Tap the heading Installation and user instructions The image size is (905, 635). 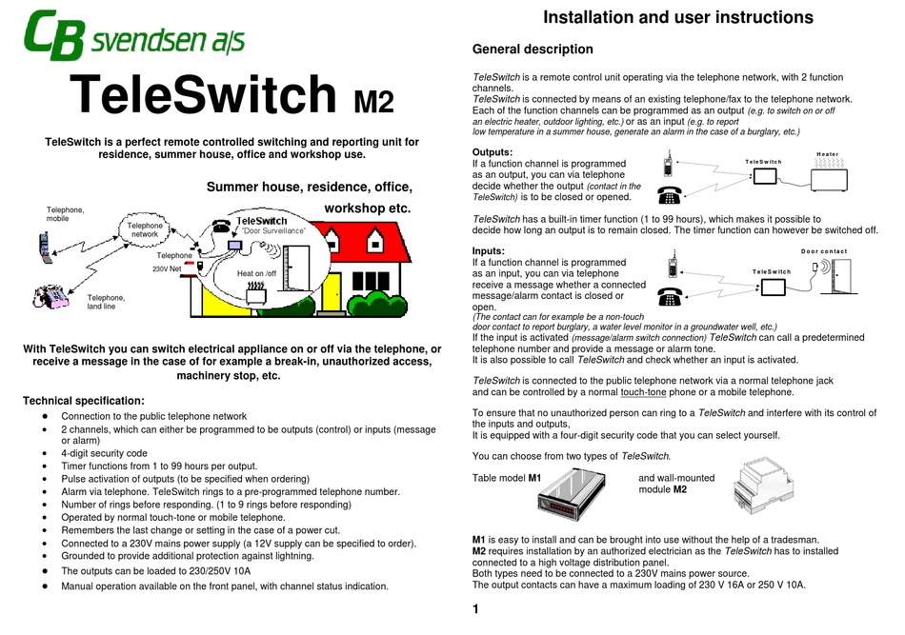(x=677, y=17)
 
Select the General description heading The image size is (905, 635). (x=532, y=50)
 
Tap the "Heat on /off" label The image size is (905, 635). (x=256, y=274)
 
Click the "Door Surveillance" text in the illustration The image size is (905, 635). (x=273, y=232)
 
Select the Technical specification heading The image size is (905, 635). (x=83, y=401)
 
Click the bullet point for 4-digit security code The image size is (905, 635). (x=45, y=453)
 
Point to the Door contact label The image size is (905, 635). (x=824, y=252)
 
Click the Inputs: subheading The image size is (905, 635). (x=492, y=250)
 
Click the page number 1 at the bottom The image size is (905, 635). (x=475, y=610)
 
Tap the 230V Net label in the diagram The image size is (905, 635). (x=167, y=269)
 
